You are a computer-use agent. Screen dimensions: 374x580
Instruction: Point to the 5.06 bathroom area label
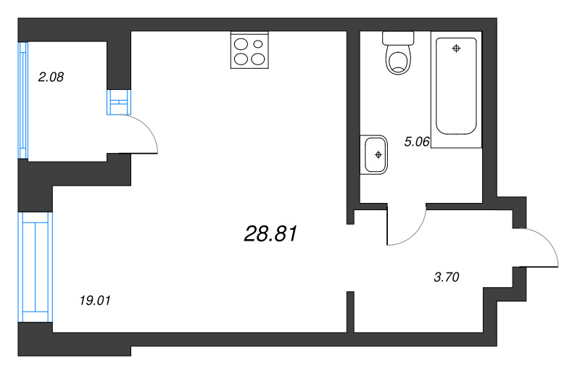[418, 142]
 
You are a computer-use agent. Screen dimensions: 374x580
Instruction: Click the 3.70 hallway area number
[447, 276]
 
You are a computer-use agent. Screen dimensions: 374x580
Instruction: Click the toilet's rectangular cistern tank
[397, 38]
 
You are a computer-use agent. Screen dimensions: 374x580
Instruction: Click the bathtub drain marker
[456, 49]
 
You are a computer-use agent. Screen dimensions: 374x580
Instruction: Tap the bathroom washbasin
[375, 154]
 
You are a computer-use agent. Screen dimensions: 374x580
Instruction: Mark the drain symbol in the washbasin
[377, 154]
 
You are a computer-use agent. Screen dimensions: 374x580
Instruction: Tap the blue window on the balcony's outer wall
[22, 100]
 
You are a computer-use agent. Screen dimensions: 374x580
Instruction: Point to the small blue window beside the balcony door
[117, 102]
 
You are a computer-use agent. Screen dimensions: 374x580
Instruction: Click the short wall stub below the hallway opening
[350, 312]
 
